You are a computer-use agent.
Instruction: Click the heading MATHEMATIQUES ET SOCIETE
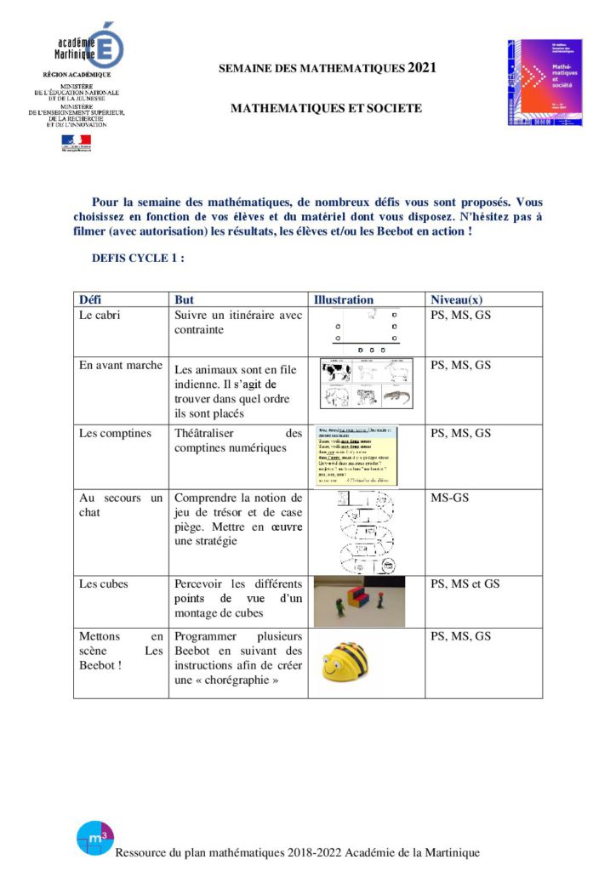point(326,109)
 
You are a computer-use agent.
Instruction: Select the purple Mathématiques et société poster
point(545,83)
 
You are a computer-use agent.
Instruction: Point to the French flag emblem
point(76,143)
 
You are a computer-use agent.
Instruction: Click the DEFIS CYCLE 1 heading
point(138,259)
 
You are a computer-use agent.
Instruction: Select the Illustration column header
point(344,299)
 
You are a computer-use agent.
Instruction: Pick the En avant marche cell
point(120,366)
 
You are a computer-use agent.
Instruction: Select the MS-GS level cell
point(449,497)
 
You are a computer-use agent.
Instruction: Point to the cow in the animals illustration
point(334,372)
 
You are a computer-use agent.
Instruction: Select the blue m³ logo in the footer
point(94,839)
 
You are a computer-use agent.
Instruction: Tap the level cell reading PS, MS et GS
point(465,584)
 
